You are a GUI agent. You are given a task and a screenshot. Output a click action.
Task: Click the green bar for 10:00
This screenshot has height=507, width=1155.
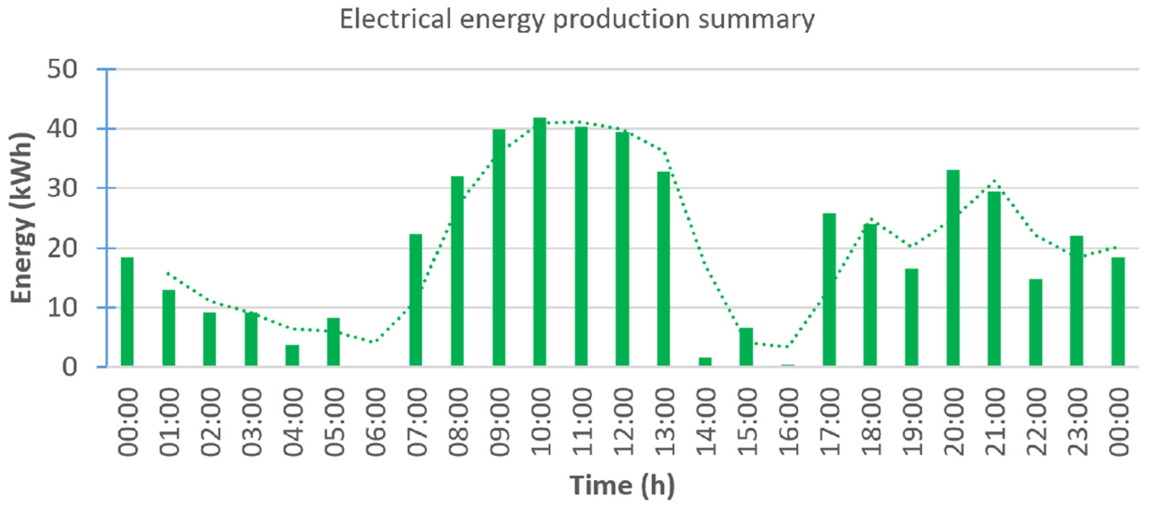pyautogui.click(x=539, y=242)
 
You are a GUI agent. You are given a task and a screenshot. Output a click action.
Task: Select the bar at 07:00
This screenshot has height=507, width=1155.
pyautogui.click(x=416, y=300)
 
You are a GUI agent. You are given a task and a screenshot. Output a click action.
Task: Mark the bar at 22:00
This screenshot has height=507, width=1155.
pyautogui.click(x=1035, y=323)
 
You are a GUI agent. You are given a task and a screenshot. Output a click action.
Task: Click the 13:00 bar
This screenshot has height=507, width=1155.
pyautogui.click(x=664, y=269)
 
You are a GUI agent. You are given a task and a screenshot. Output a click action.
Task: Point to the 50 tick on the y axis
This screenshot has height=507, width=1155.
pyautogui.click(x=62, y=70)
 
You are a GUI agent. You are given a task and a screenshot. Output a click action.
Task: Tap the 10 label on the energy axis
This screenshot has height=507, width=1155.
pyautogui.click(x=62, y=308)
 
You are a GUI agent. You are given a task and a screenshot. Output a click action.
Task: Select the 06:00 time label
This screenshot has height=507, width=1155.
pyautogui.click(x=375, y=422)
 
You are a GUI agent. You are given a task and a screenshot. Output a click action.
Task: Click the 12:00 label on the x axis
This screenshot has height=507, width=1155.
pyautogui.click(x=623, y=422)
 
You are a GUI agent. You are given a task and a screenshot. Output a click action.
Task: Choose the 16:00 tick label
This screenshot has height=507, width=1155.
pyautogui.click(x=788, y=422)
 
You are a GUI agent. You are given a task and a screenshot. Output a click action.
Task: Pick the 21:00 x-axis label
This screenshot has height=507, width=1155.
pyautogui.click(x=995, y=422)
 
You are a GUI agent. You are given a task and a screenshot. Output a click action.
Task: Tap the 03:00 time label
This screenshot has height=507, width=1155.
pyautogui.click(x=252, y=422)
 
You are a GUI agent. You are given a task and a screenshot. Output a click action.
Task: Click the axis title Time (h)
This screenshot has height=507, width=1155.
pyautogui.click(x=622, y=485)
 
